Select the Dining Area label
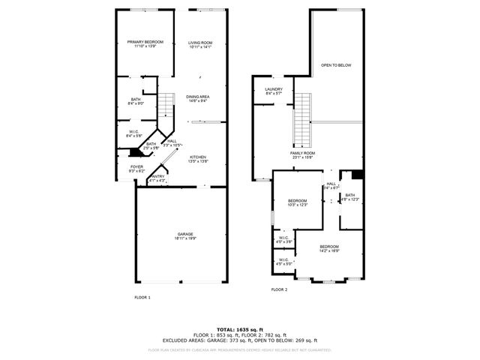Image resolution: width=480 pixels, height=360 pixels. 198,98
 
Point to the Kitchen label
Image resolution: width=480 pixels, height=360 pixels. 198,158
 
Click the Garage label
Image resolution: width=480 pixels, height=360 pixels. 185,235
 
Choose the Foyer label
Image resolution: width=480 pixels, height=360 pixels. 136,169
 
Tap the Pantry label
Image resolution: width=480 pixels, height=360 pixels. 157,178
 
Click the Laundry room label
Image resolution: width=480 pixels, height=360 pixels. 273,91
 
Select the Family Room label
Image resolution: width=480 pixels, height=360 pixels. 302,154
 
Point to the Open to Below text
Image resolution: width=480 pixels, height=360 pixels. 337,65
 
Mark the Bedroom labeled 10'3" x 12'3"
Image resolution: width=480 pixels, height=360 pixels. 298,202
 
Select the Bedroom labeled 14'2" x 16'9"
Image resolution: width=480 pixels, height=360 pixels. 329,249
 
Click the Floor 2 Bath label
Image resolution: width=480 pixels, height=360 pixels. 350,197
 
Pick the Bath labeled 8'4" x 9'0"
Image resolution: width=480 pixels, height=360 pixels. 136,101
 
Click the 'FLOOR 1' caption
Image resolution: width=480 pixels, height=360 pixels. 142,298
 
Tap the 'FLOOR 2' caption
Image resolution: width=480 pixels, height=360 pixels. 279,289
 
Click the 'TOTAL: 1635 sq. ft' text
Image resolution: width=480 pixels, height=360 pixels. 240,329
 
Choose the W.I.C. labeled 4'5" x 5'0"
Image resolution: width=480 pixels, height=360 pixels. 284,262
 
